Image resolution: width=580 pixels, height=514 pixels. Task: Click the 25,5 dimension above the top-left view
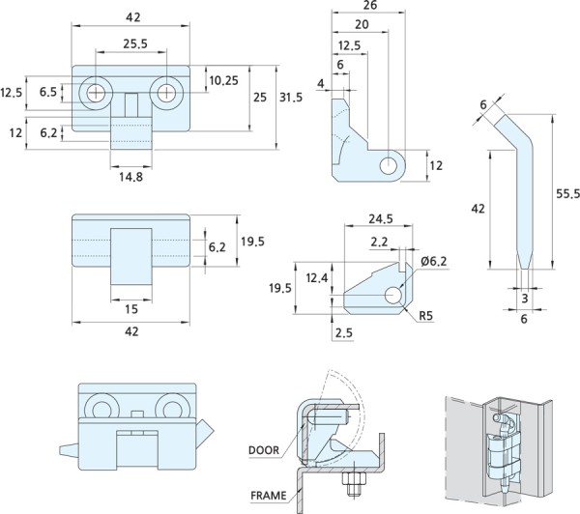(134, 43)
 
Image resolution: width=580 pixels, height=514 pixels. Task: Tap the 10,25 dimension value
(223, 79)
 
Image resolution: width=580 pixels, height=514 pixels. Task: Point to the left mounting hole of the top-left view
(98, 93)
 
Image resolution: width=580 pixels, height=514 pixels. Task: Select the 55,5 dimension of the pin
(567, 194)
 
